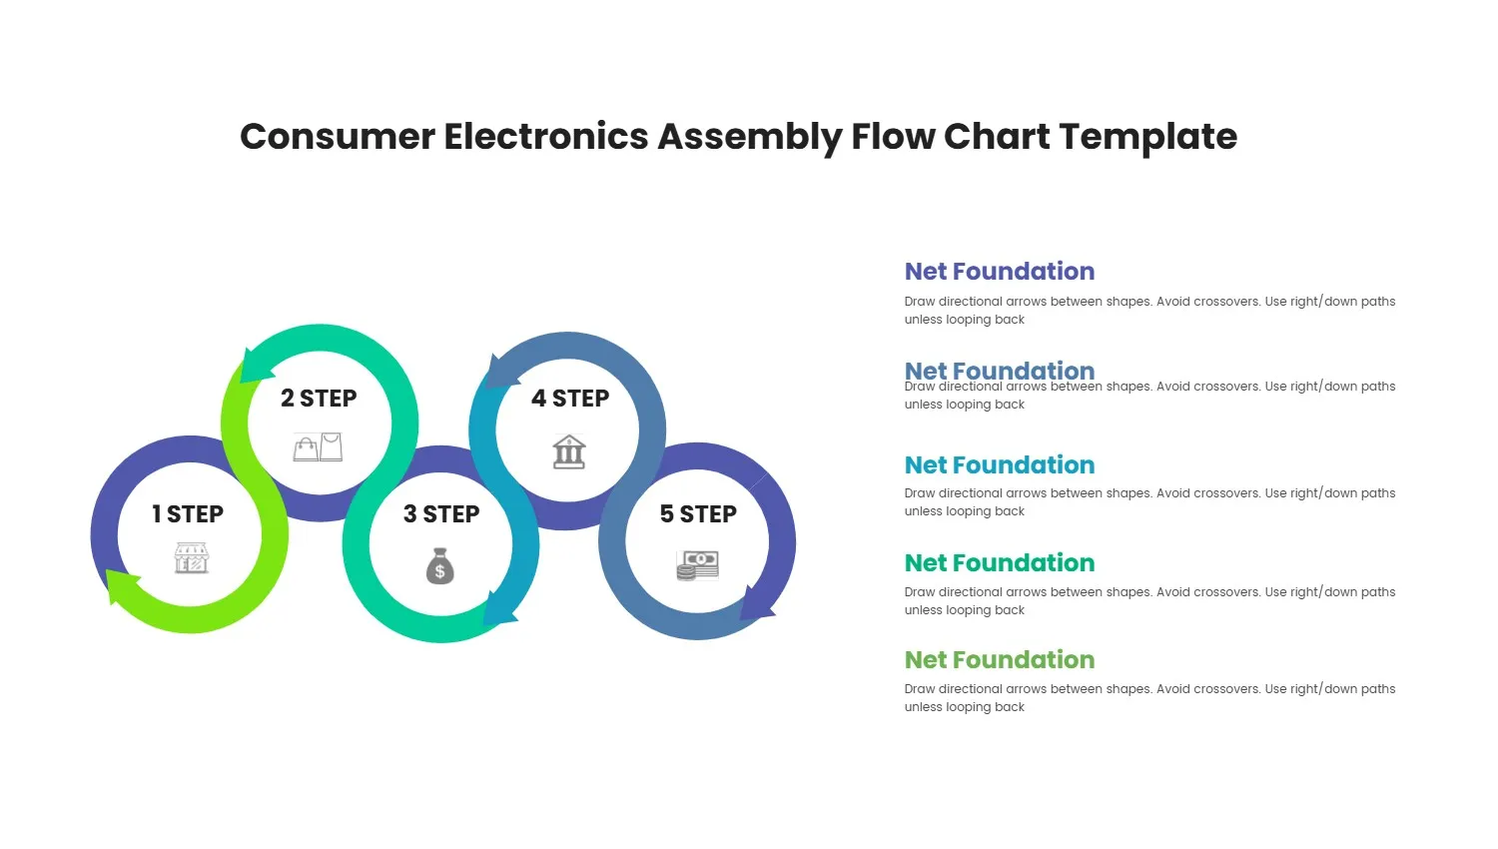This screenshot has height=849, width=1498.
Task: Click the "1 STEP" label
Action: click(188, 514)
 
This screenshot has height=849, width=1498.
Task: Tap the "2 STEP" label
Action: click(319, 399)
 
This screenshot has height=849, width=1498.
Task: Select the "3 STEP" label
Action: click(441, 514)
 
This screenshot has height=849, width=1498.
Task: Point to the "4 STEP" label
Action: click(570, 399)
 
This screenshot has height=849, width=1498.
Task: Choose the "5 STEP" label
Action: click(698, 514)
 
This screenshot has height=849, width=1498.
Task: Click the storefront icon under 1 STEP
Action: click(192, 558)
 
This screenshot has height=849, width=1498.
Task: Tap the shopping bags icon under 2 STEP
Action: click(319, 446)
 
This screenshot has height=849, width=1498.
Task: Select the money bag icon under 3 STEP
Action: click(440, 566)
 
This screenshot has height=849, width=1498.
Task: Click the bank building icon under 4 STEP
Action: click(569, 451)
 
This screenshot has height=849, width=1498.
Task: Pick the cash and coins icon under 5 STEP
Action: click(698, 565)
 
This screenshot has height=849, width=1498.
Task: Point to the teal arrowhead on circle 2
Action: click(256, 366)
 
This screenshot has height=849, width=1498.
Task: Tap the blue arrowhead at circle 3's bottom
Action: click(498, 609)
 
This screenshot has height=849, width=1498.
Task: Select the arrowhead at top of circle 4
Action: click(498, 372)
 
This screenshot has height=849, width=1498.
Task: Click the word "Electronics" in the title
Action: click(546, 137)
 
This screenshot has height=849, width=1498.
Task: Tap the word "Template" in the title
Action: click(1147, 137)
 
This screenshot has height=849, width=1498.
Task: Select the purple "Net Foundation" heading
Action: click(999, 272)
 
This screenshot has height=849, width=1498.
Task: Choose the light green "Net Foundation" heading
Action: click(999, 660)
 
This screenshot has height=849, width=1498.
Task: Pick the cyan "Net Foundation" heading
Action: click(999, 465)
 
